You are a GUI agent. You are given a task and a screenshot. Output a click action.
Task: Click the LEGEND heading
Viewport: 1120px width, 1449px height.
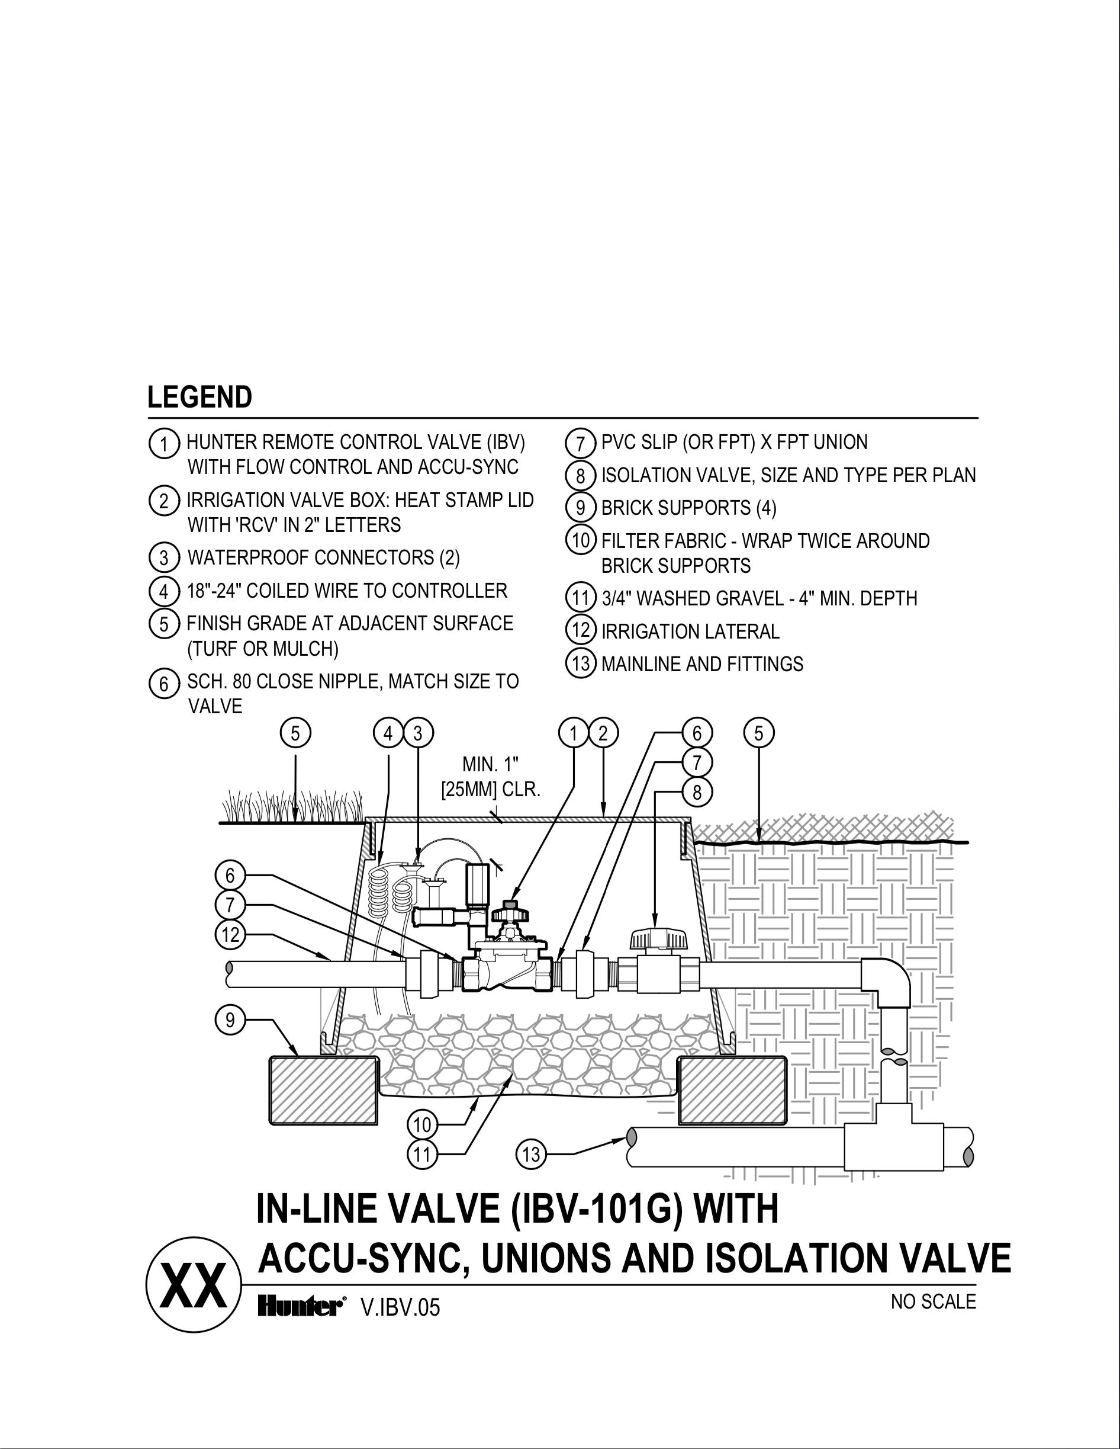click(x=199, y=397)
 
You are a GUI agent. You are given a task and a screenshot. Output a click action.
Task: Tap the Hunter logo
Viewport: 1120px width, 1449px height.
click(x=300, y=1307)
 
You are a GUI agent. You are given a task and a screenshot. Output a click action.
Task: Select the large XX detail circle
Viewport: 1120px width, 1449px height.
click(x=194, y=1284)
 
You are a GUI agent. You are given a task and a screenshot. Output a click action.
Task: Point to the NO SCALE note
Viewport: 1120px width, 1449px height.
click(x=933, y=1301)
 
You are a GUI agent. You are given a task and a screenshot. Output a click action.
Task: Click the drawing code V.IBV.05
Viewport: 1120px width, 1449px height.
click(x=400, y=1307)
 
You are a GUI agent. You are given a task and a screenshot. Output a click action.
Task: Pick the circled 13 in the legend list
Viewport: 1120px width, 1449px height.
click(x=580, y=664)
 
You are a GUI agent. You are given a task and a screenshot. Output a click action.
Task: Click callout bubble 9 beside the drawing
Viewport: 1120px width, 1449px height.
click(x=230, y=1020)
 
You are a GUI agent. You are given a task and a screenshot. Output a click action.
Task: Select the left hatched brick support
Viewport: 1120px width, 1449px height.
click(x=323, y=1090)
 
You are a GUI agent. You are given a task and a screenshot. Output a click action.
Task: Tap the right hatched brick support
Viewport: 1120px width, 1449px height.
click(x=732, y=1090)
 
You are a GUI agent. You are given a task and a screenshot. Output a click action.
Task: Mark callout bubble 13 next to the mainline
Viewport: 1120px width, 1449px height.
click(x=530, y=1155)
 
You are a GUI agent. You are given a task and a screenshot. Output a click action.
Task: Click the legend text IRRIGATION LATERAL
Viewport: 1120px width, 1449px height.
click(x=690, y=631)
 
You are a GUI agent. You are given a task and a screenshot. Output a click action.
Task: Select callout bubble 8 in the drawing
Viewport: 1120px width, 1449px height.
click(x=697, y=791)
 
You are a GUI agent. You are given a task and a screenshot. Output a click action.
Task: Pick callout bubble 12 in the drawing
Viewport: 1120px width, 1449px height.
click(x=230, y=935)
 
